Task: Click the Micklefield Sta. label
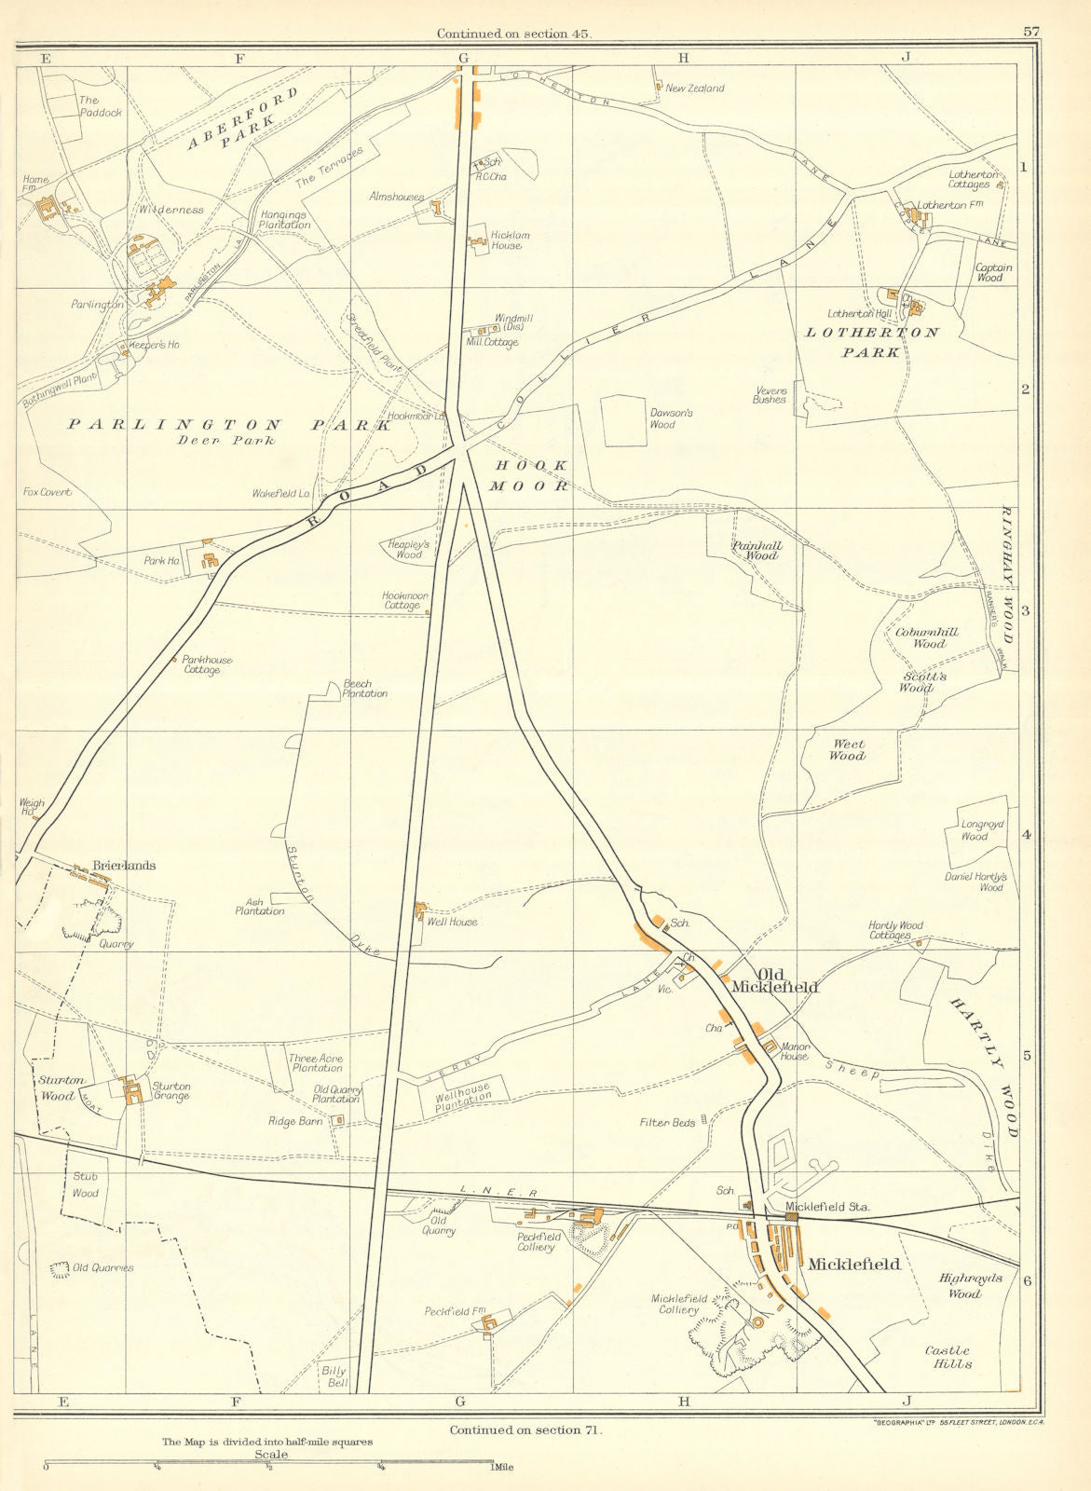click(x=827, y=1207)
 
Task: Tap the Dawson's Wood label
click(x=662, y=418)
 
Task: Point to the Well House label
click(x=452, y=922)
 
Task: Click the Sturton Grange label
click(x=171, y=1091)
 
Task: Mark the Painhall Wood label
click(x=757, y=550)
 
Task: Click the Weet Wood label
click(x=847, y=750)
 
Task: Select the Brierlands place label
click(x=123, y=866)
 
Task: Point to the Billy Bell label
click(x=334, y=1376)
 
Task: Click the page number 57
click(x=1030, y=31)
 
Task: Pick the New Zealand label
click(x=694, y=89)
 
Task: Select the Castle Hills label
click(x=948, y=1357)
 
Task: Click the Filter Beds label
click(x=668, y=1123)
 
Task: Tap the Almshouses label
click(x=396, y=198)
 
